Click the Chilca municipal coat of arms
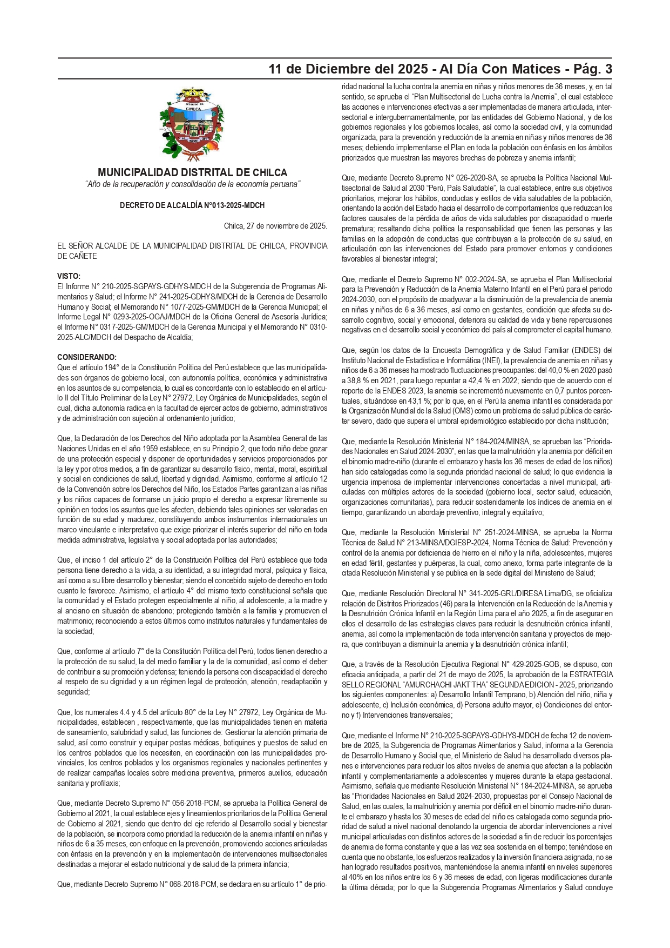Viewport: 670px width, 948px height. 192,124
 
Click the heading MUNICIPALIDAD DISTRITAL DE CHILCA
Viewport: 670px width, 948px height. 192,172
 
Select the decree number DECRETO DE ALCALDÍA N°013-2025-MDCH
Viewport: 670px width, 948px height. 192,205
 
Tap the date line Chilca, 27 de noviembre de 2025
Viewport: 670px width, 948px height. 275,226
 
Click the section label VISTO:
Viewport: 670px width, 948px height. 69,276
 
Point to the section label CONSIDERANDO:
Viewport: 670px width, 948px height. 87,357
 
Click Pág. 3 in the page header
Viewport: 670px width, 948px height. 593,69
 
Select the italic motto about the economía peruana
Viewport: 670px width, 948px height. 192,184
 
